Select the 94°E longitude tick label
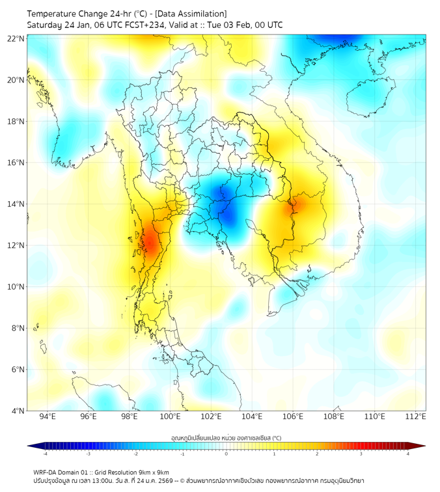coord(48,417)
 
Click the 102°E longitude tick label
coord(212,417)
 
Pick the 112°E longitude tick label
coord(416,417)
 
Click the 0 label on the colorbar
coord(227,454)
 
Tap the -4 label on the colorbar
coord(44,454)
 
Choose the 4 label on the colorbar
coord(408,454)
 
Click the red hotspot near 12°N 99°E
coord(150,243)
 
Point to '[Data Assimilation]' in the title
coord(189,13)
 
